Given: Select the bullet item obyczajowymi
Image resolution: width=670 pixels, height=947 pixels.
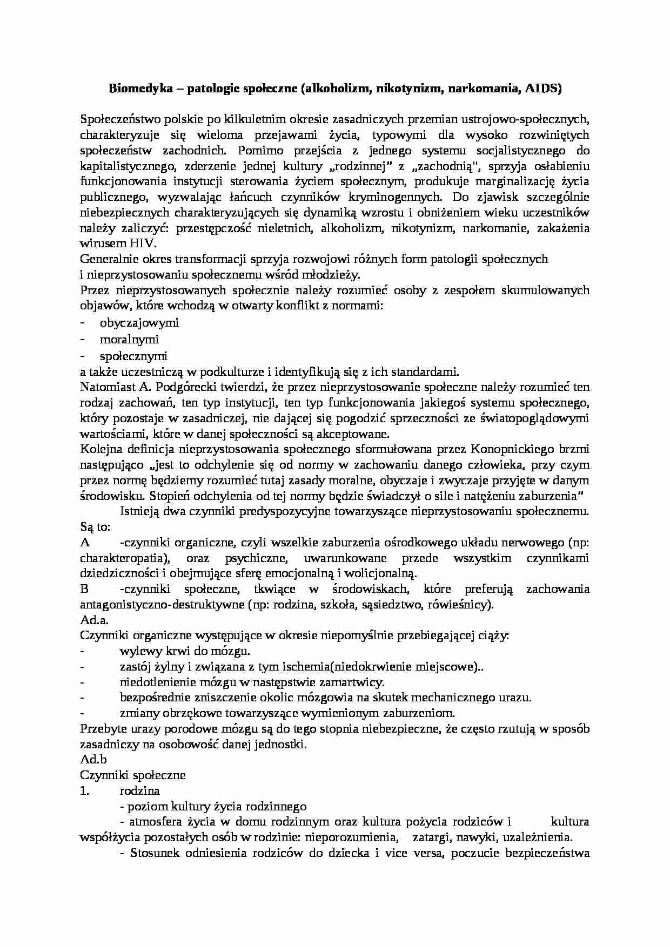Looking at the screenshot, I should (139, 323).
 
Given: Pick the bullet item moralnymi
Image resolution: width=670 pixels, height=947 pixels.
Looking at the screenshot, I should (129, 340).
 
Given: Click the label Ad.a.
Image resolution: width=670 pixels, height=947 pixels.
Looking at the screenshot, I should (95, 620).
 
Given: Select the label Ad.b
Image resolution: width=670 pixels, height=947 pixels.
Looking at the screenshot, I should (93, 760).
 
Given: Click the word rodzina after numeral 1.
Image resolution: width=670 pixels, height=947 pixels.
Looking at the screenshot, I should (139, 791).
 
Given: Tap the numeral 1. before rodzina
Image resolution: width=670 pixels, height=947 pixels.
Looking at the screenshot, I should (85, 791).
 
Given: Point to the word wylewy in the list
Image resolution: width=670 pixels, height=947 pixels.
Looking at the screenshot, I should (137, 652).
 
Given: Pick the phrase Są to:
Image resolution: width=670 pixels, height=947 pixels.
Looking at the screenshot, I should (95, 526).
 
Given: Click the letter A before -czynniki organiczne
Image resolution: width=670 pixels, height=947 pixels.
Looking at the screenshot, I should (84, 542).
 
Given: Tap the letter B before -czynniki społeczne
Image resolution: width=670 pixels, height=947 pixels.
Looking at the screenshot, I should (84, 589).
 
